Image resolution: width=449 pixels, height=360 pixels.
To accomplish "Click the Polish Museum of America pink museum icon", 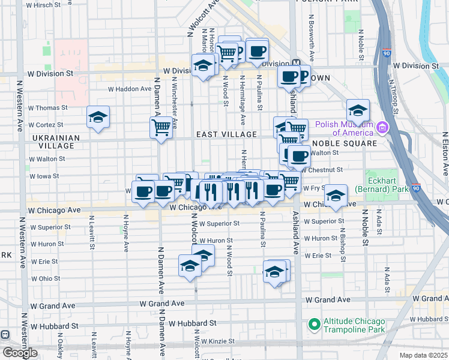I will [x=382, y=127].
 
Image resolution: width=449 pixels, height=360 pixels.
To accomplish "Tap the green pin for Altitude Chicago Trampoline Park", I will [x=313, y=325].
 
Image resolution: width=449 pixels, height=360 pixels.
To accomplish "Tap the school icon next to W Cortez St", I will [x=98, y=117].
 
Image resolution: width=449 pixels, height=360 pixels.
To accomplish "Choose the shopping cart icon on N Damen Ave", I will [x=161, y=127].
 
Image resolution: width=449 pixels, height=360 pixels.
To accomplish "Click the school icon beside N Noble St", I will [x=358, y=110].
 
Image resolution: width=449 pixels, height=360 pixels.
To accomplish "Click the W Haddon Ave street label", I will [x=130, y=89].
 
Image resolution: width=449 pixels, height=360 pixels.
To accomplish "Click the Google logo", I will [x=20, y=353].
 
